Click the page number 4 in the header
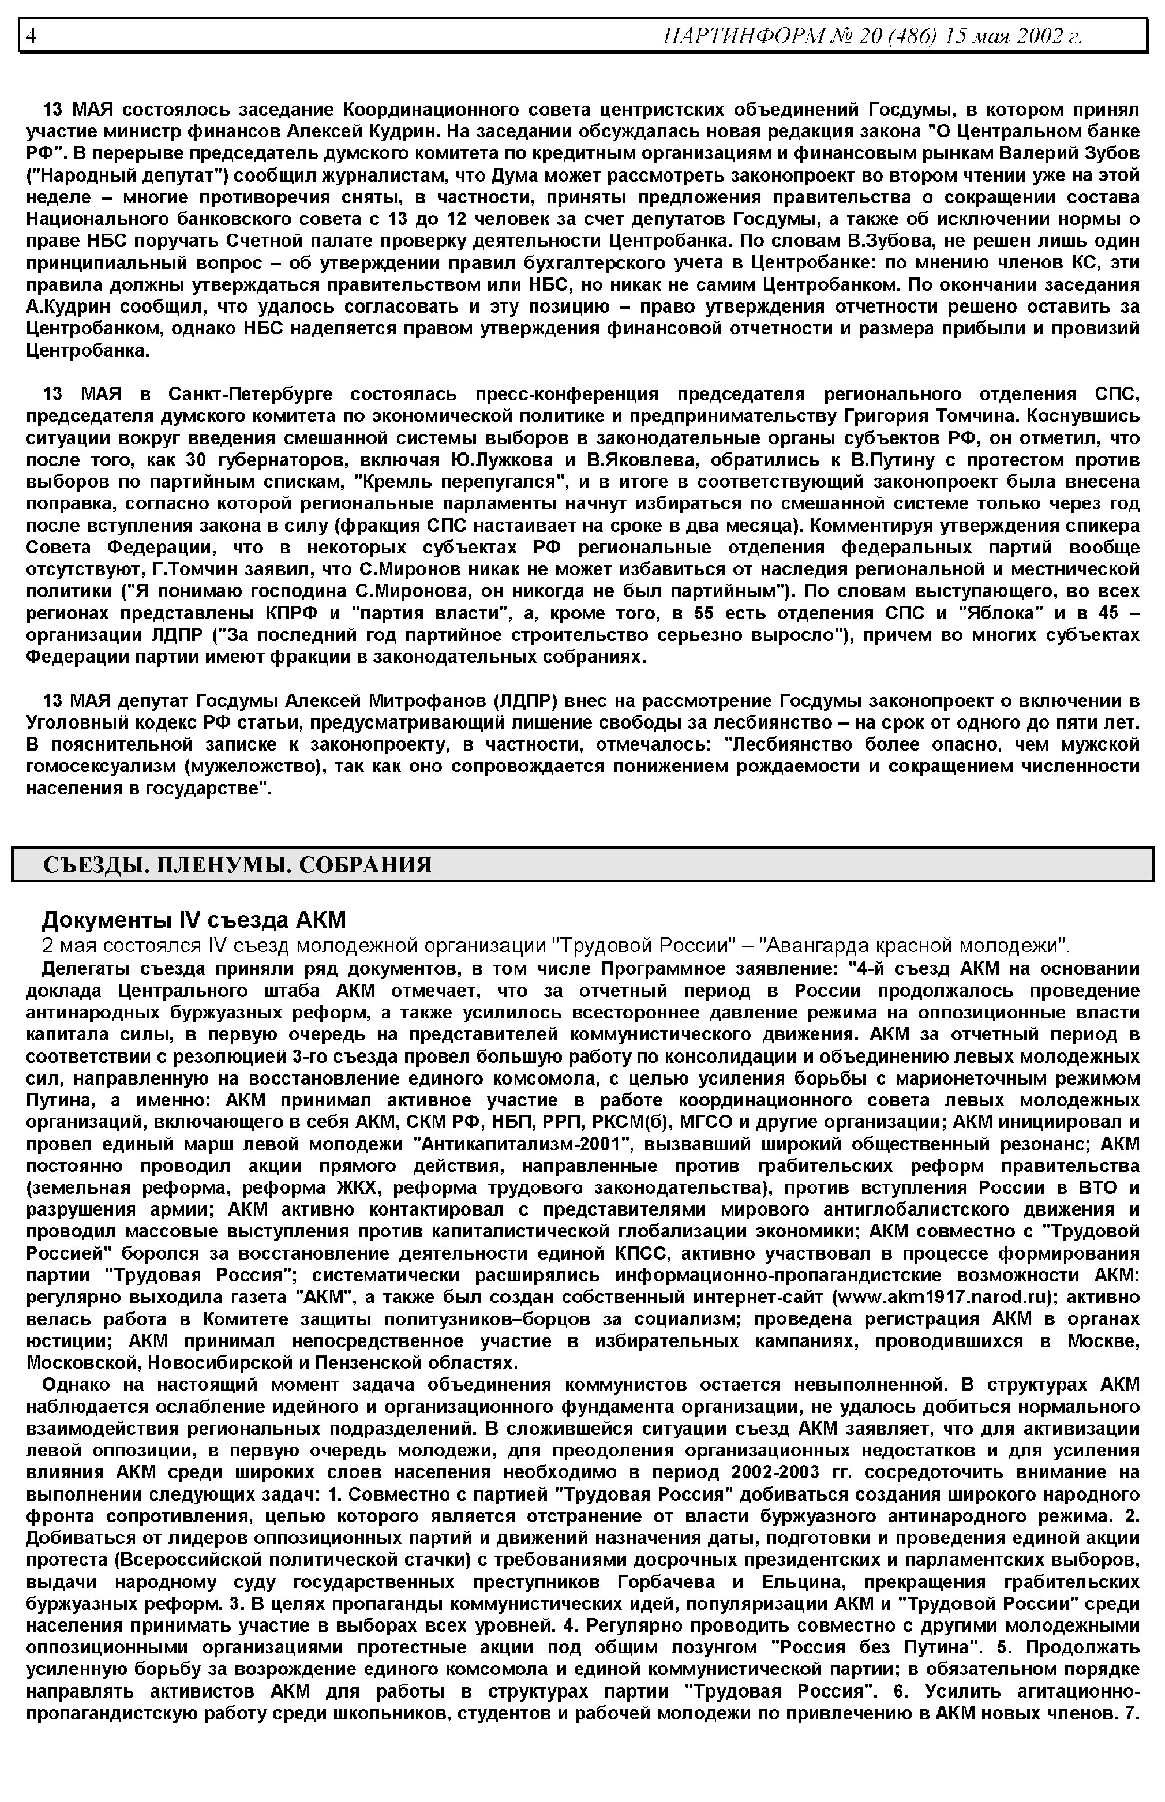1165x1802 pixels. (x=32, y=35)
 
